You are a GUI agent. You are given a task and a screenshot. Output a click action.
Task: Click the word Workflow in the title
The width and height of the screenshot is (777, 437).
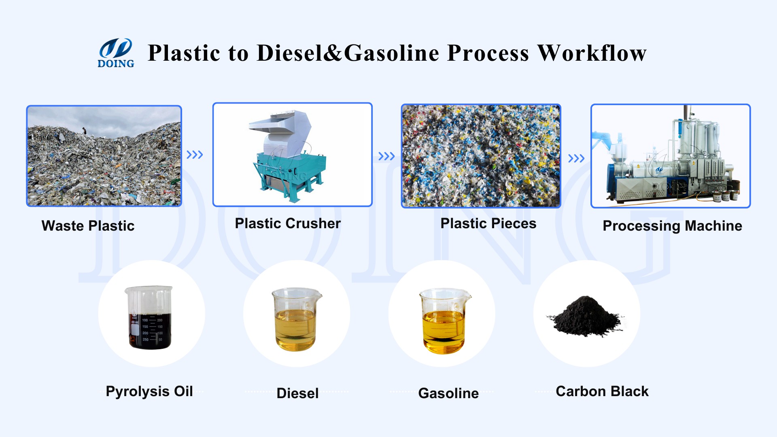click(x=592, y=53)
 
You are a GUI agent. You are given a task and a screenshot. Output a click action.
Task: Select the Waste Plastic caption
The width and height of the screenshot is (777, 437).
click(x=88, y=226)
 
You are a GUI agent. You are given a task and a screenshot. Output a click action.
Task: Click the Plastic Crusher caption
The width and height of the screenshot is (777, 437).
click(x=288, y=223)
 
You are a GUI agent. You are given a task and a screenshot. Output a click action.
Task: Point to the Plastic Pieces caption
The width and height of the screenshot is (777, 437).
click(x=488, y=223)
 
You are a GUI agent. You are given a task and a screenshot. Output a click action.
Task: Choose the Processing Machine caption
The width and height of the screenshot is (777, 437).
click(x=672, y=226)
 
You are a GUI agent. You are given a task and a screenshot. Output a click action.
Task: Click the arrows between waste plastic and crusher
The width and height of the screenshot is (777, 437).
click(x=195, y=155)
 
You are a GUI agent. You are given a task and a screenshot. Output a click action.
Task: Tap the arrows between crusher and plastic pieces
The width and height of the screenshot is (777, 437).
click(x=386, y=156)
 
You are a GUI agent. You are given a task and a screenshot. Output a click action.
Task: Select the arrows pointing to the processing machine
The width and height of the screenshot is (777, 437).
click(x=576, y=158)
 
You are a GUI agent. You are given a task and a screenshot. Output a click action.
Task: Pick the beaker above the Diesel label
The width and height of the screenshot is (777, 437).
click(x=296, y=319)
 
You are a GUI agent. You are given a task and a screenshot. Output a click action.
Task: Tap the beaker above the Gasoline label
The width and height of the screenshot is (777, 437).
click(x=444, y=320)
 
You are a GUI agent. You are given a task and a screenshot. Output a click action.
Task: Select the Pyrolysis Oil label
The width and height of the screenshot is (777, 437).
click(x=149, y=391)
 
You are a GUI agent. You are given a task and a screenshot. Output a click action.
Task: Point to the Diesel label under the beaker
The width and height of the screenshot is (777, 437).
click(x=297, y=393)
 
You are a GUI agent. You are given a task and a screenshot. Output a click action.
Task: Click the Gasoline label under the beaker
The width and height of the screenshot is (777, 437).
click(x=448, y=393)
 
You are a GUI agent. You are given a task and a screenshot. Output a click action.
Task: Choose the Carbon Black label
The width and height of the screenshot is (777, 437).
click(x=602, y=391)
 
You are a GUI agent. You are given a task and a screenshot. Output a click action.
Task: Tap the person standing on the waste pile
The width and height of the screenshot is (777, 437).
click(x=84, y=131)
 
